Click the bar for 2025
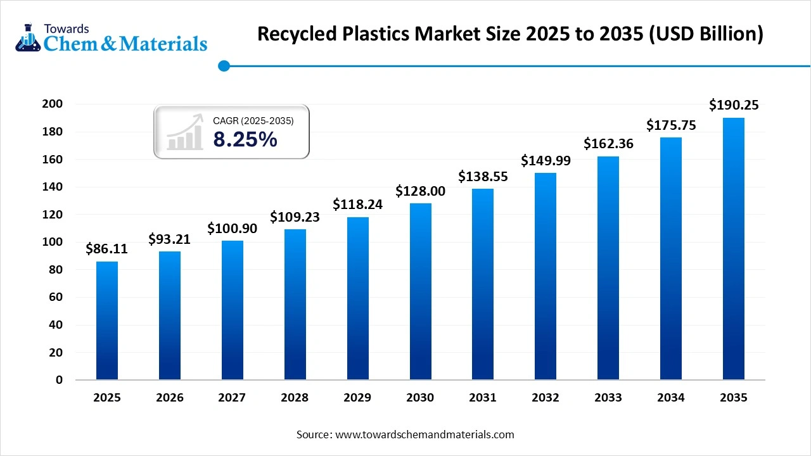tap(107, 320)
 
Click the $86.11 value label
tap(107, 249)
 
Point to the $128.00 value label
tap(420, 191)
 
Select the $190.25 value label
tap(734, 104)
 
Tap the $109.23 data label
tap(295, 217)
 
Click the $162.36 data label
tap(608, 144)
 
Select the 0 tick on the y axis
tap(59, 380)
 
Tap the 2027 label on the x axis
tap(232, 398)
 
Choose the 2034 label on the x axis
tap(670, 398)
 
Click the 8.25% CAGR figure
tap(245, 139)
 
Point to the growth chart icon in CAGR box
tap(185, 132)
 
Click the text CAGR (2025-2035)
tap(253, 120)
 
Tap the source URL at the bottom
tap(424, 434)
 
